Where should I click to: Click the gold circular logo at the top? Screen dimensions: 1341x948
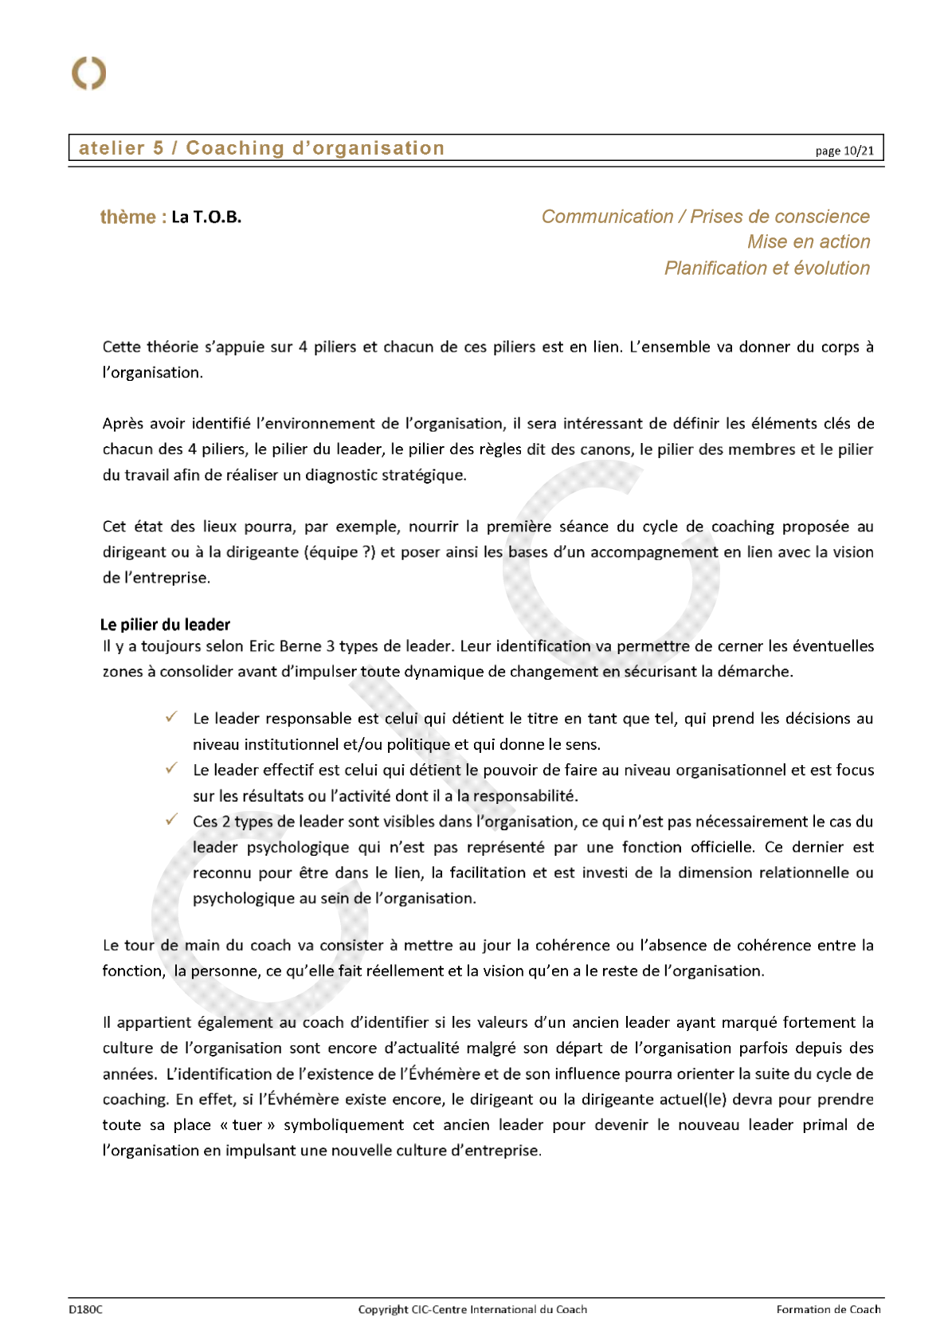tap(88, 73)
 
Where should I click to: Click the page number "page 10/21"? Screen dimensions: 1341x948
tap(844, 151)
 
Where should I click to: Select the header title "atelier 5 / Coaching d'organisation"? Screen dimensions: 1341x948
tap(261, 148)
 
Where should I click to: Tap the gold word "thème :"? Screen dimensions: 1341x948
tap(133, 217)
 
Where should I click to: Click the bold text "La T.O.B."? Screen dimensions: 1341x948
tap(206, 217)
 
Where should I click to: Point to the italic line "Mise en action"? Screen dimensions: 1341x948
tap(808, 242)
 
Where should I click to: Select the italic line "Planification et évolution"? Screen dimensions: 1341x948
tap(766, 268)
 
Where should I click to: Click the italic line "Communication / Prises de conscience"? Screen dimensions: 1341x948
tap(705, 217)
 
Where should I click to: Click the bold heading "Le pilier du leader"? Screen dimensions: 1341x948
tap(165, 625)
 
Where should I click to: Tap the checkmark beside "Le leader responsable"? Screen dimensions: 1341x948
tap(171, 717)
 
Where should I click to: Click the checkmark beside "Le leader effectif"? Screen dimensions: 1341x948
tap(171, 768)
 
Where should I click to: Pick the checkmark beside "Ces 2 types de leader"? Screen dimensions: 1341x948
tap(171, 819)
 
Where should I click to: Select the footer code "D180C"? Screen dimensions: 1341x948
tap(85, 1309)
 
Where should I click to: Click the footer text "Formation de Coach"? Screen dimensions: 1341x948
tap(829, 1309)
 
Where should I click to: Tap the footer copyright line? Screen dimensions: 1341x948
tap(472, 1309)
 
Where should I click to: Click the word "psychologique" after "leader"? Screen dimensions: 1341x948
tap(298, 847)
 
